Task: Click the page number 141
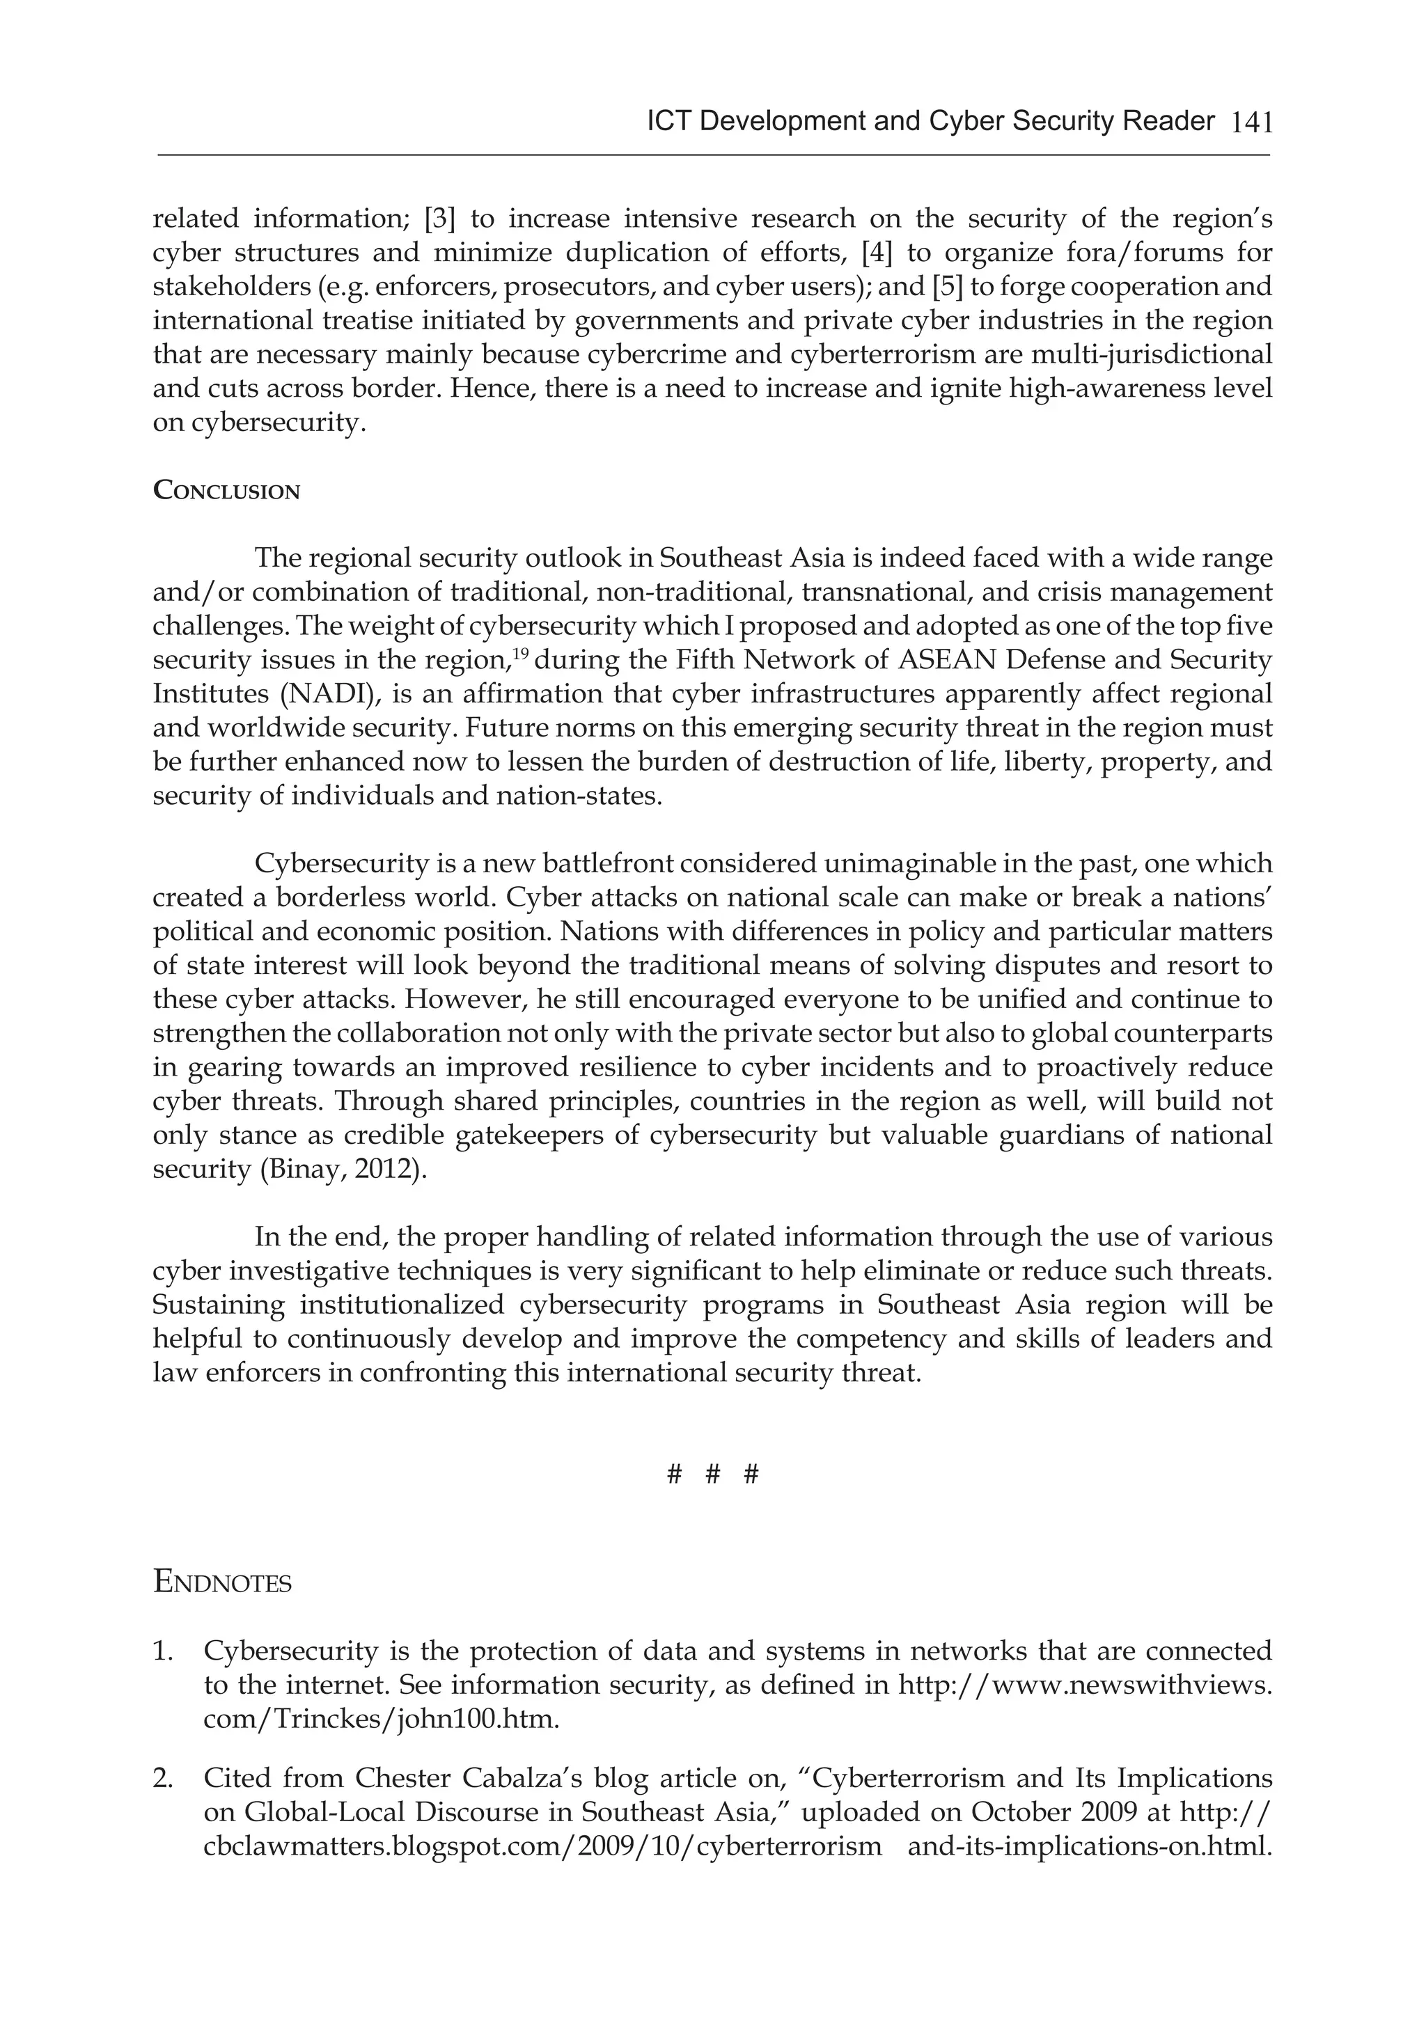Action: coord(1252,123)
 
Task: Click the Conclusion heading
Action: coord(226,491)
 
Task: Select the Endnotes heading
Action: coord(222,1582)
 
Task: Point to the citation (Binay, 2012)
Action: coord(343,1168)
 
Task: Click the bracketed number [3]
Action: coord(440,219)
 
